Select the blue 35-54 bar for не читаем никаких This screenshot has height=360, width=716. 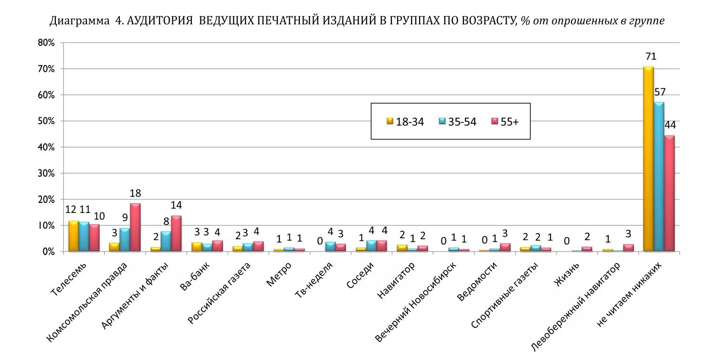[x=659, y=177]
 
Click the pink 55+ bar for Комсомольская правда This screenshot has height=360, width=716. [x=135, y=227]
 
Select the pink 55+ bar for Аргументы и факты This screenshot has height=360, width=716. [x=176, y=233]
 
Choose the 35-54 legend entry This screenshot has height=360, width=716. [x=457, y=122]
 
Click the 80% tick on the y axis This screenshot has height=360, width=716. [x=46, y=43]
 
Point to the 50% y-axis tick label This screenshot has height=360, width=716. [x=46, y=121]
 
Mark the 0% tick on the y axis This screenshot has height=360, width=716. [x=48, y=252]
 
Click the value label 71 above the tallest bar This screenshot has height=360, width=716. [x=650, y=57]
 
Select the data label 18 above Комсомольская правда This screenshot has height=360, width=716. [x=135, y=193]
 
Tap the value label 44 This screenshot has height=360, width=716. [x=670, y=125]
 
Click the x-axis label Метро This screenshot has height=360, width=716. [x=279, y=274]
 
